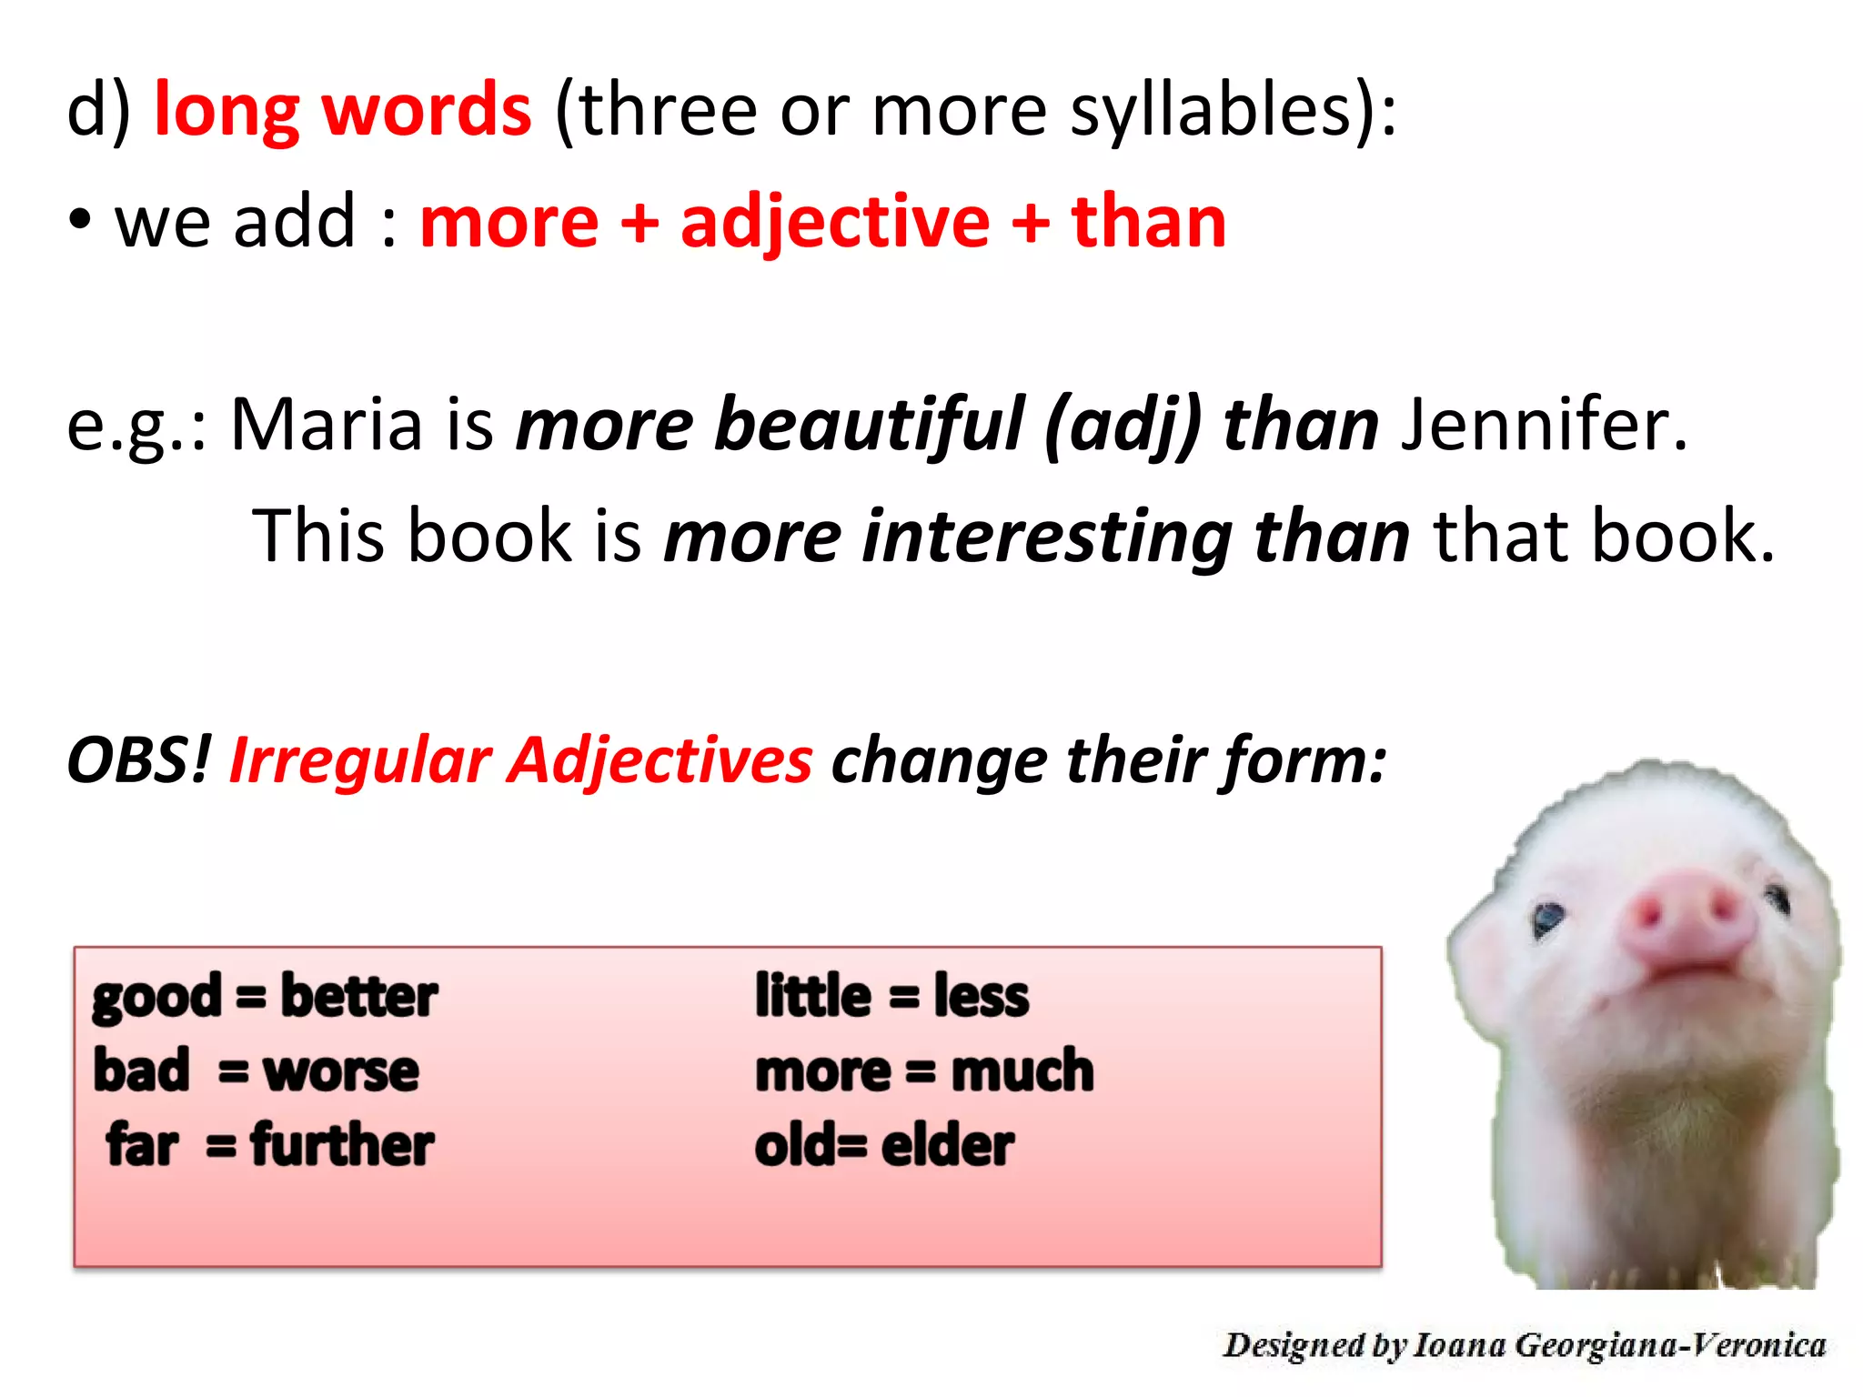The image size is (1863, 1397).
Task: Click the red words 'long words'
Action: coord(342,111)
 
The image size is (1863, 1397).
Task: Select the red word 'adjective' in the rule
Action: coord(834,223)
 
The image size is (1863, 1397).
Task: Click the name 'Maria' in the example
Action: coord(327,424)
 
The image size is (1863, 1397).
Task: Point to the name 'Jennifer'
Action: coord(1543,424)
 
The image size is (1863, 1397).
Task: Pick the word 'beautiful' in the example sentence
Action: coord(870,426)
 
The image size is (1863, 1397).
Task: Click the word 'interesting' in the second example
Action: coord(1047,537)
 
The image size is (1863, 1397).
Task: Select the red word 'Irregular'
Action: coord(360,760)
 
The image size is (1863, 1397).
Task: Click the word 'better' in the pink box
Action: coord(359,997)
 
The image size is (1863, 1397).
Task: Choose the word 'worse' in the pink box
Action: coord(341,1071)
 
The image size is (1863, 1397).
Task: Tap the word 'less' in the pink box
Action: coord(982,997)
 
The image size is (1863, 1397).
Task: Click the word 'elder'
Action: coord(947,1145)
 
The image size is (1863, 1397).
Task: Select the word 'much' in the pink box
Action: coord(1022,1070)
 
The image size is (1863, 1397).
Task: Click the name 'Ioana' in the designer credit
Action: coord(1461,1345)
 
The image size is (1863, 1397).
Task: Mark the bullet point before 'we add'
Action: coord(80,221)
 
